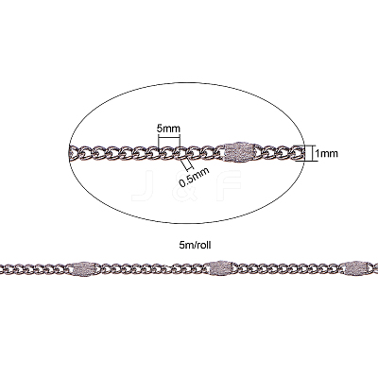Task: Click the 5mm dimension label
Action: click(x=168, y=129)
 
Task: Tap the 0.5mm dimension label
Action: click(x=194, y=177)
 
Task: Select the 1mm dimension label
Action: click(x=327, y=153)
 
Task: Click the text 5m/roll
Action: click(x=195, y=246)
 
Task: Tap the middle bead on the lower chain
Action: click(x=221, y=268)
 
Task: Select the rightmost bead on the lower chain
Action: click(x=356, y=268)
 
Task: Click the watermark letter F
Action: click(x=230, y=185)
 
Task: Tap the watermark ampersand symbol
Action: click(x=185, y=185)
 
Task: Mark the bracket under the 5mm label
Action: click(x=169, y=141)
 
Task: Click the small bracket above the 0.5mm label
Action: click(x=187, y=163)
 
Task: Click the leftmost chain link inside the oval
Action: click(x=74, y=153)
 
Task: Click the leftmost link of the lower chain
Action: click(x=5, y=268)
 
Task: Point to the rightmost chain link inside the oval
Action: click(x=299, y=153)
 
